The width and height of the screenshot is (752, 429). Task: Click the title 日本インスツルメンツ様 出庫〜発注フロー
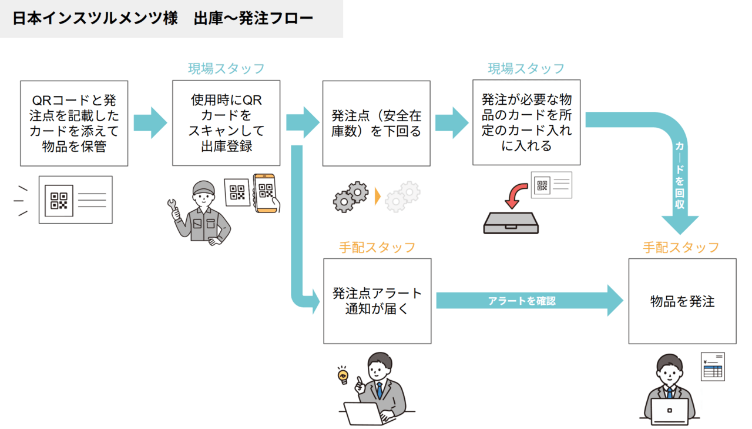[163, 18]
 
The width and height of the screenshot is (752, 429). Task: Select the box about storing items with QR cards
[74, 124]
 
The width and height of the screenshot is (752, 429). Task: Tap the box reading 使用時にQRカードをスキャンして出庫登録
[226, 124]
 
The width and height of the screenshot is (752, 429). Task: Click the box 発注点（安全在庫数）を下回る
[377, 124]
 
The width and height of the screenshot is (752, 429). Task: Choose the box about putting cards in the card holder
[526, 122]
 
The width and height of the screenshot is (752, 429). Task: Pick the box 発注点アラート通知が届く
[377, 301]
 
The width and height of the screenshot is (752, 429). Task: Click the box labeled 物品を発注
[682, 301]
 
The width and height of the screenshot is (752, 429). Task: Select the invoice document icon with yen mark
[713, 366]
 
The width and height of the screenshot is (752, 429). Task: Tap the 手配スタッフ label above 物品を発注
[681, 247]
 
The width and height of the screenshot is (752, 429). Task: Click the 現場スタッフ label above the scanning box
[226, 69]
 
